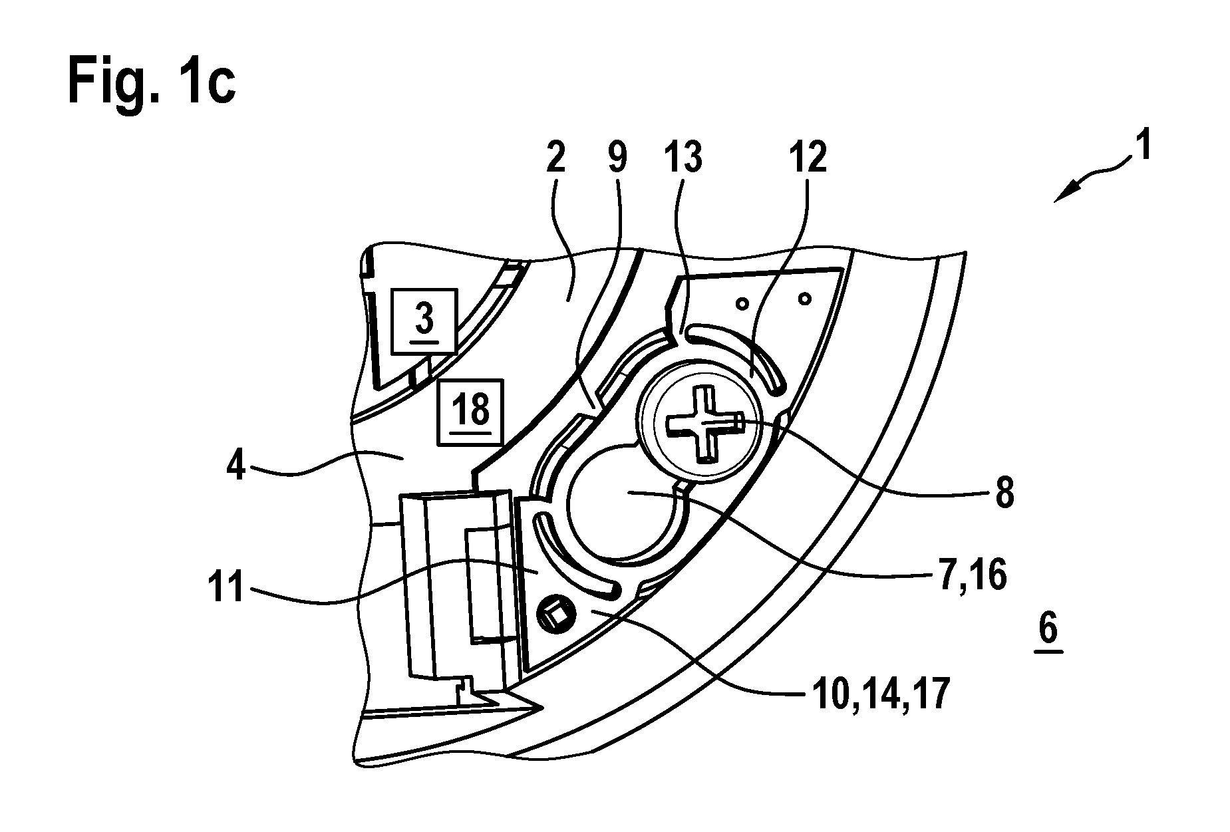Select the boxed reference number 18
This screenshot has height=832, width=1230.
[x=470, y=411]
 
